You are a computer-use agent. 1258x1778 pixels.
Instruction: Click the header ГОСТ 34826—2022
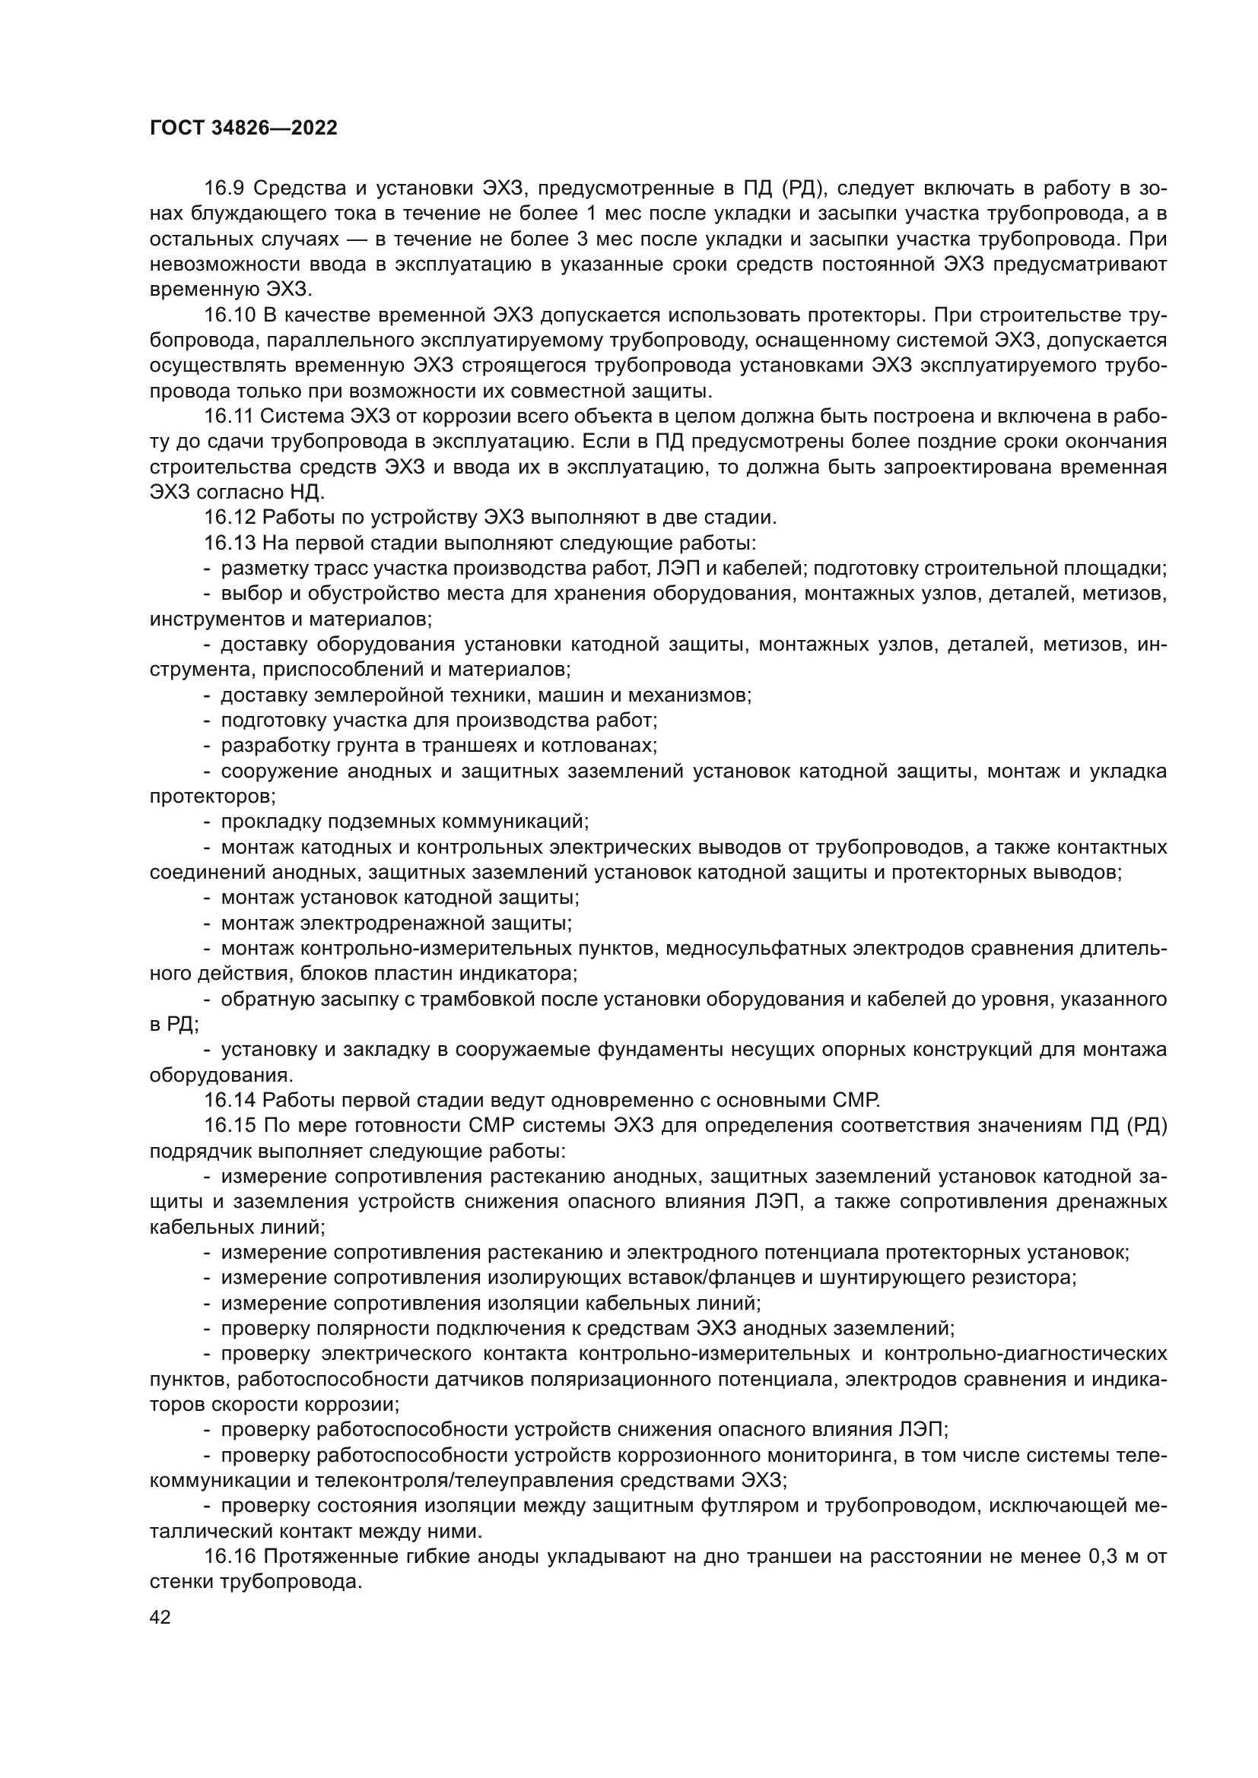243,128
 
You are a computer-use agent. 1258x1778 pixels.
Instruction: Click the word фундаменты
671,1049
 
